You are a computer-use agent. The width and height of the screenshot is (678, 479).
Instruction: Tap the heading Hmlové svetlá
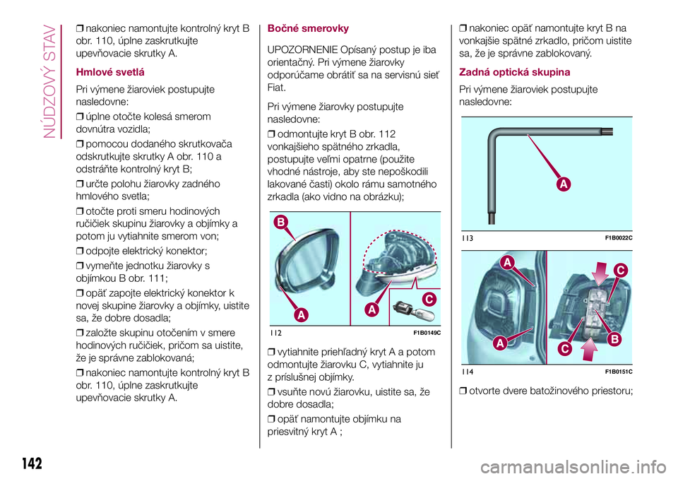[112, 72]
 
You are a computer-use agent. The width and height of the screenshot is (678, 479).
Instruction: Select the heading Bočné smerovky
[308, 29]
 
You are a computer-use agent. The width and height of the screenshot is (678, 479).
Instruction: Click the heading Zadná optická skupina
[515, 72]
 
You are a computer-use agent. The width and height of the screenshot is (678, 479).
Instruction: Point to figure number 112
[275, 333]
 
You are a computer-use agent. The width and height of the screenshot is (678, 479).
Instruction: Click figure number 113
[466, 238]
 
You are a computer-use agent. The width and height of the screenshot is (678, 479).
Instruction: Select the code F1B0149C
[423, 333]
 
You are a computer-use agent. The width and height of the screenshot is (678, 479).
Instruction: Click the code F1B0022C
[618, 238]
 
